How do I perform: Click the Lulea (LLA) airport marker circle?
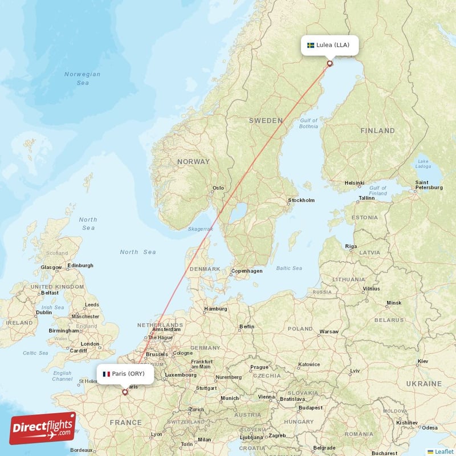pos(329,63)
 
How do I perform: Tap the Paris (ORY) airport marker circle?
pos(125,392)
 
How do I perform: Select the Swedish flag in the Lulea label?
pos(311,45)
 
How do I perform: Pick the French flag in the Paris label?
pos(106,374)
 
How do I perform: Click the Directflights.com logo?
pos(43,427)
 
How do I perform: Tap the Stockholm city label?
pos(302,200)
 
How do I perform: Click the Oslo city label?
pos(218,188)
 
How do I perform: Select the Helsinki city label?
pos(354,183)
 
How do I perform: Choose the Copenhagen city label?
pos(247,271)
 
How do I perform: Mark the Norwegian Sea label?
pos(83,79)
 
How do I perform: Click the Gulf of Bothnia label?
pos(308,123)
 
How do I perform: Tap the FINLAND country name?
pos(377,131)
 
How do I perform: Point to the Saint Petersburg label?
pos(429,184)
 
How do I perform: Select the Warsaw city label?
pos(329,331)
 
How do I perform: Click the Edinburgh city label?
pos(80,265)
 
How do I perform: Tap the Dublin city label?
pos(43,312)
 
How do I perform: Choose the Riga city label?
pos(351,246)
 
